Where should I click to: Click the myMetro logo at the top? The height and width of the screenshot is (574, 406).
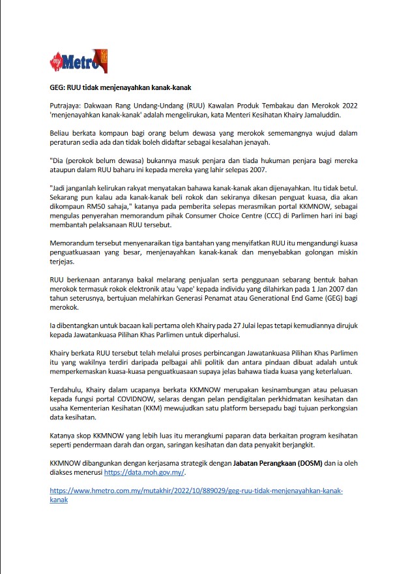77,61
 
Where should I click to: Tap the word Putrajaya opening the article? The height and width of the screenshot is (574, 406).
68,105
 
